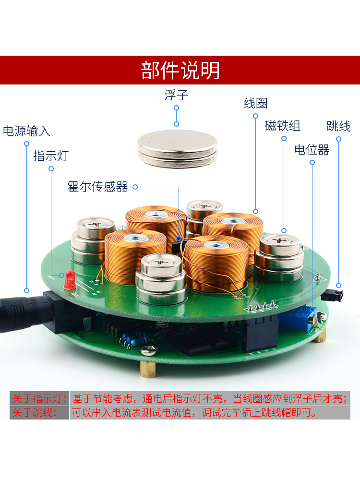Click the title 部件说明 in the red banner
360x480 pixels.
(x=180, y=71)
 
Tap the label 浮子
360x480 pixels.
(x=176, y=95)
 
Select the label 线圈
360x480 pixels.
(x=255, y=103)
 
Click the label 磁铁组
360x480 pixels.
(x=283, y=126)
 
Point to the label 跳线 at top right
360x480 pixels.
(x=338, y=126)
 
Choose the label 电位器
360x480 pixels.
(x=312, y=150)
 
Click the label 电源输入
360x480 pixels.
(x=26, y=131)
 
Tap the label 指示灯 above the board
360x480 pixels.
(x=50, y=156)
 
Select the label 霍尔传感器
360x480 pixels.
(x=98, y=187)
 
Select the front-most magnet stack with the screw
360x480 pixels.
(x=160, y=278)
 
